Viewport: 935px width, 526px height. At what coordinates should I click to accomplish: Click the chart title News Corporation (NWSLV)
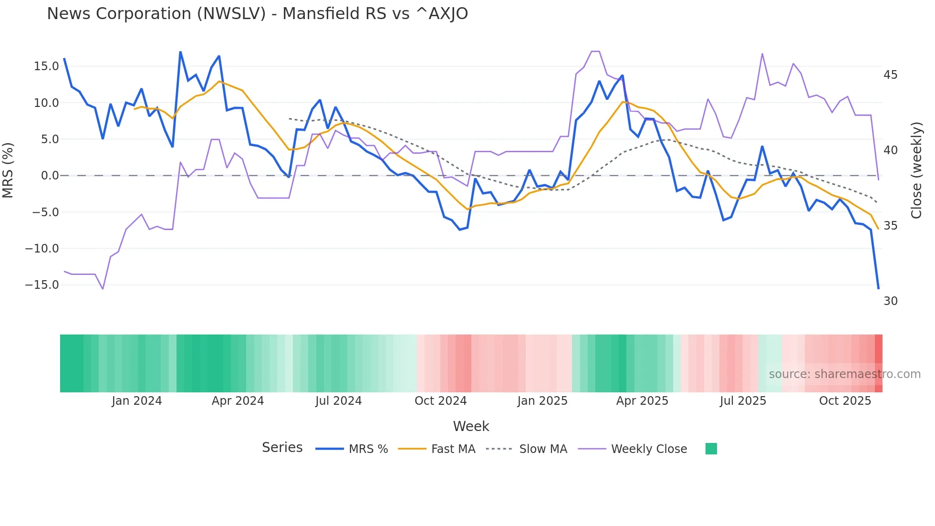tap(257, 14)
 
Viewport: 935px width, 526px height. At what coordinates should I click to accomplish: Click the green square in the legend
tap(711, 449)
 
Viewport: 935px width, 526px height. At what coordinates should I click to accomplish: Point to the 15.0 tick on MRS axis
tap(46, 66)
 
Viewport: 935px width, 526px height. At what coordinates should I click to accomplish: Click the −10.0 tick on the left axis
tap(42, 249)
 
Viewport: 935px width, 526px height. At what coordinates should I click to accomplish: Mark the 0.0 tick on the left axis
tap(50, 176)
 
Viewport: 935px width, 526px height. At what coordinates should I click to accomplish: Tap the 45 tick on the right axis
tap(890, 75)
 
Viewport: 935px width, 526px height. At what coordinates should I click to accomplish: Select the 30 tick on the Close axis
tap(890, 301)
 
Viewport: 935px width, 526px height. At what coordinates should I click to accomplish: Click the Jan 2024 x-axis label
tap(137, 401)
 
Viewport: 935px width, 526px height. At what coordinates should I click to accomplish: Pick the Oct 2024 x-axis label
tap(440, 401)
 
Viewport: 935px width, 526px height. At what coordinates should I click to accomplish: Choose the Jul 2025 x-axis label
tap(743, 401)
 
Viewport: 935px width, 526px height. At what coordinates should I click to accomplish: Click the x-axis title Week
tap(471, 426)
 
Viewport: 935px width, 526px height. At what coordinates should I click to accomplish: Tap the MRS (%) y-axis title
tap(8, 170)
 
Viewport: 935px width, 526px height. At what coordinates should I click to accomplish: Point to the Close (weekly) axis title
tap(916, 170)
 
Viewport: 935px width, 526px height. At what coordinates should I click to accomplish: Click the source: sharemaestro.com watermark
tap(844, 374)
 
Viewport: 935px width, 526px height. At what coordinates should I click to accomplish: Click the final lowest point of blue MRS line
tap(878, 288)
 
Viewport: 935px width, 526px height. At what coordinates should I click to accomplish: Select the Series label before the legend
tap(282, 448)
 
